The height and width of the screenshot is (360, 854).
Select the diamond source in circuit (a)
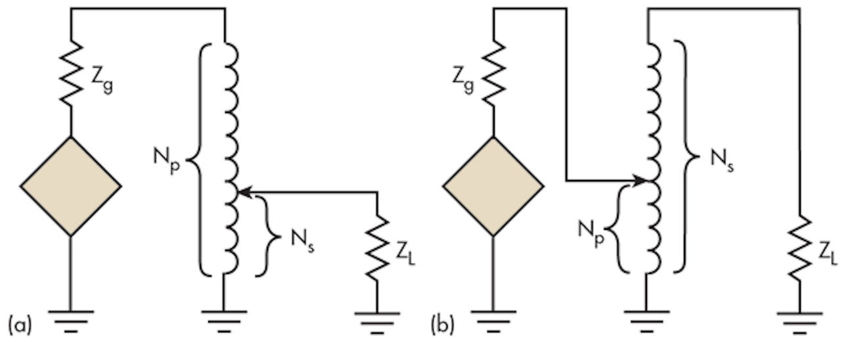tap(71, 186)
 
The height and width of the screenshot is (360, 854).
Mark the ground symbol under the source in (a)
tap(71, 319)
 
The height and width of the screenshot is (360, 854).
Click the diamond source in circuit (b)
tap(493, 186)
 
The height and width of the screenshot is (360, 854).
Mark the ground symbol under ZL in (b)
tap(799, 319)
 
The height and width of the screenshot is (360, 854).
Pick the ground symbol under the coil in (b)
tap(646, 319)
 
